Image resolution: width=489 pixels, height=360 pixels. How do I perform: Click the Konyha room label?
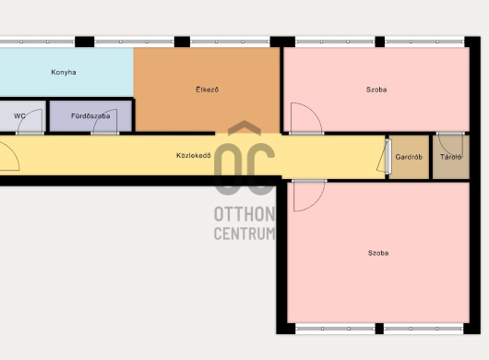point(64,72)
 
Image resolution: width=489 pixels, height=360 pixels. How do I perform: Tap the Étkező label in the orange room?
point(208,90)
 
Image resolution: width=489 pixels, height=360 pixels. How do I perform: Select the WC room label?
point(19,116)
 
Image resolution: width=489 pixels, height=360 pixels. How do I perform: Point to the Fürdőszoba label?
point(90,116)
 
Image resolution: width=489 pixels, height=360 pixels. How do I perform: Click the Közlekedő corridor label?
point(194,155)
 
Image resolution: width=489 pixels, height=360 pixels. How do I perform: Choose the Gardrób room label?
point(409,157)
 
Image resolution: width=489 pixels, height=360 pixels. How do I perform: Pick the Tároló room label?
point(451,157)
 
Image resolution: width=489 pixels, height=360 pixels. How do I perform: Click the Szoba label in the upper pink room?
point(376,90)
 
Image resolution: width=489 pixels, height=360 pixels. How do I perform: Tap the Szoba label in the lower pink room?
point(378,253)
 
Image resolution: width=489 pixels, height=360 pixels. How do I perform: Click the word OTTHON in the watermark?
point(244,214)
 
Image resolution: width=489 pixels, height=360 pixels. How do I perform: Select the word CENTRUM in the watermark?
point(244,233)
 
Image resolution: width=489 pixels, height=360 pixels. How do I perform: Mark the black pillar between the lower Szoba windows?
point(379,329)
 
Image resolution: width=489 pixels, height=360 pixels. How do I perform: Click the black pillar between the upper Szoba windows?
point(380,42)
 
